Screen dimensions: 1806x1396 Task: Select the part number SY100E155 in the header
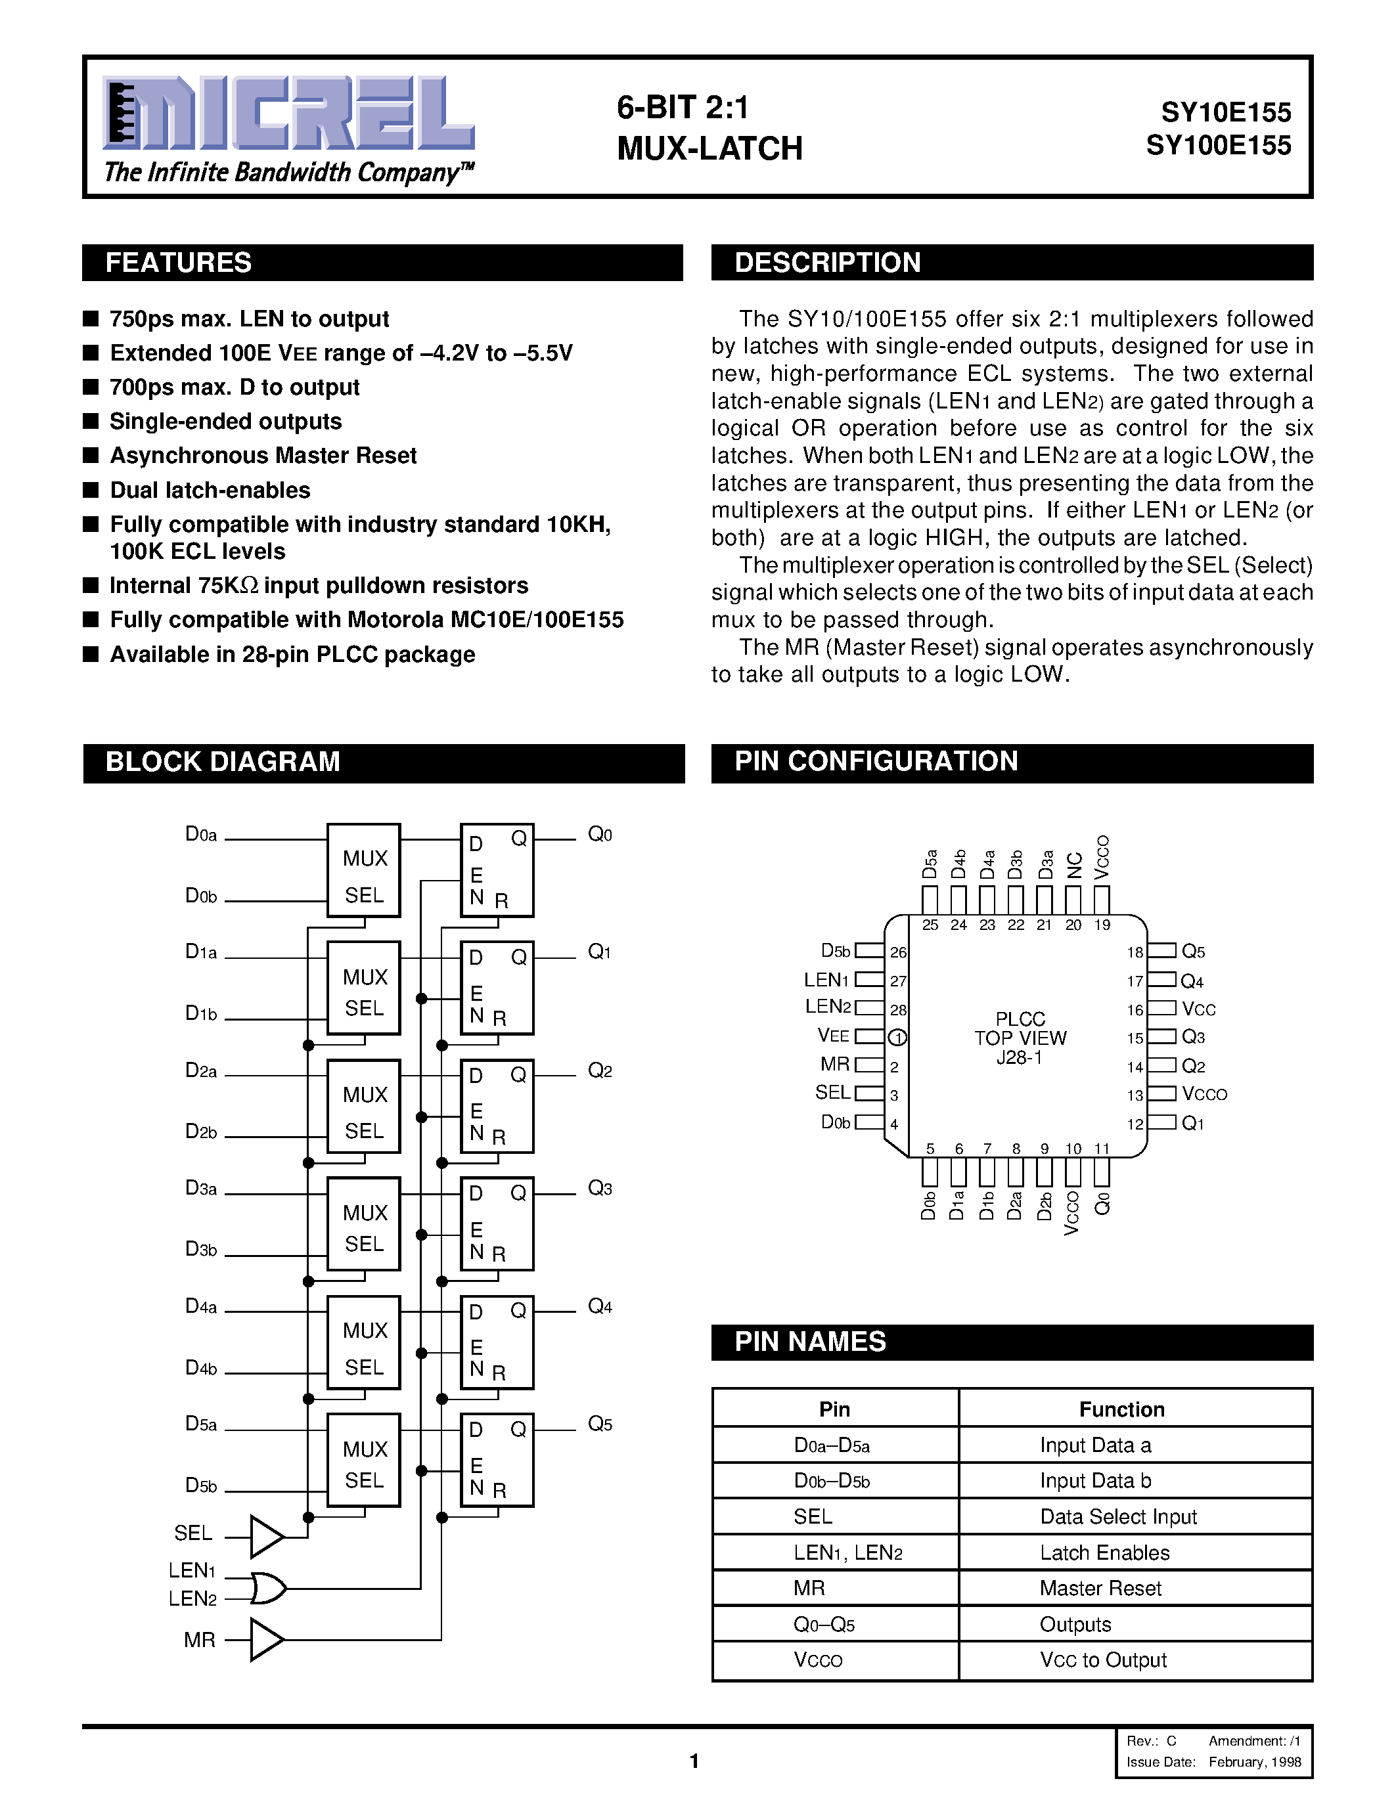click(x=1218, y=146)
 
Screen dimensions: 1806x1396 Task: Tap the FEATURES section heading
click(x=179, y=263)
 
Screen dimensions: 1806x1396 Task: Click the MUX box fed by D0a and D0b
click(x=364, y=870)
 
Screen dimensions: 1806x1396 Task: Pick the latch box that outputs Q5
click(x=496, y=1461)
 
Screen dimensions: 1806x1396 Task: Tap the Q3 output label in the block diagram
click(x=600, y=1189)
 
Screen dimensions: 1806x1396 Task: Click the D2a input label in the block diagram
click(x=201, y=1071)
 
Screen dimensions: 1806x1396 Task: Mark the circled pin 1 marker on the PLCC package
click(x=897, y=1037)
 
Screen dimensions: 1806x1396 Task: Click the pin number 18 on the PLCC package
click(x=1135, y=953)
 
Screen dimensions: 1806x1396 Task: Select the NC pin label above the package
click(x=1074, y=865)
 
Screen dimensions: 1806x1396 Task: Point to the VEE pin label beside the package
click(x=833, y=1035)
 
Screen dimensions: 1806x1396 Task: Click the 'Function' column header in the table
click(x=1121, y=1409)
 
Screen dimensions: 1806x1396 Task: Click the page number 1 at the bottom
click(x=694, y=1761)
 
